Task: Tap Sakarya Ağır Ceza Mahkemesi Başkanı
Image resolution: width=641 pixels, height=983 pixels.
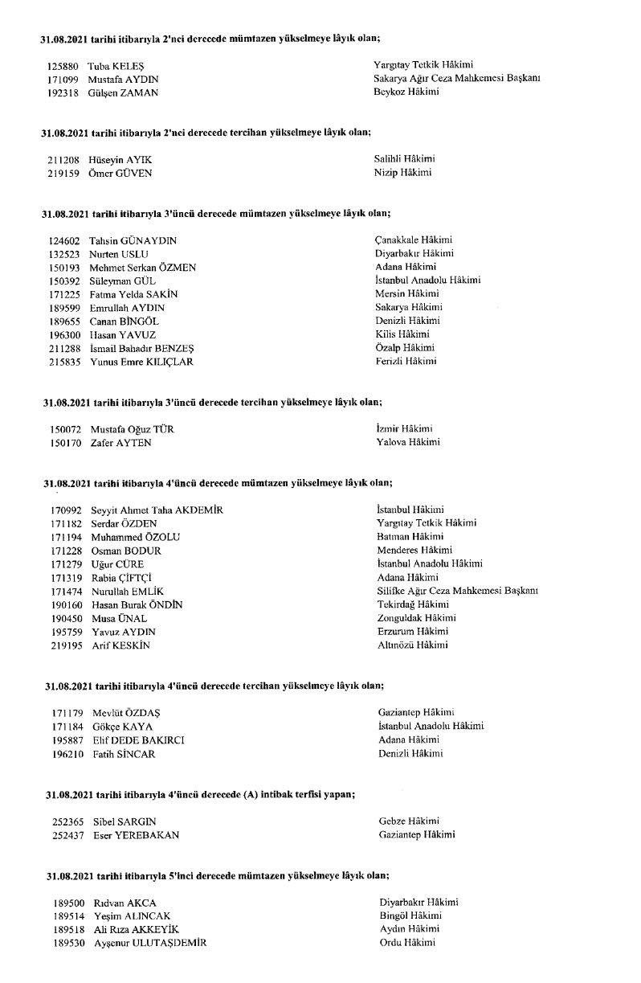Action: [x=456, y=79]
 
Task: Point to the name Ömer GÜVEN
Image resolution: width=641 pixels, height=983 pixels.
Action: [x=120, y=173]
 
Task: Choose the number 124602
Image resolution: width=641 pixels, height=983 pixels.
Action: [x=63, y=240]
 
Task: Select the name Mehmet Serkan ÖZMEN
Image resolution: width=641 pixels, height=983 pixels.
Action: [x=142, y=267]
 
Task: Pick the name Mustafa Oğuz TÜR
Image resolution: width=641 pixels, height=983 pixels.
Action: [x=132, y=429]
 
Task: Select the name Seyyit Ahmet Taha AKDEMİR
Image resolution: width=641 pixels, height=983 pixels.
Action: [x=157, y=510]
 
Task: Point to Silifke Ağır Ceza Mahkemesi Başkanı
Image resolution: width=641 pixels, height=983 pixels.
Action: [x=457, y=591]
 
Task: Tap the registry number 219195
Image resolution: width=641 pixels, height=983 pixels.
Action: [x=66, y=645]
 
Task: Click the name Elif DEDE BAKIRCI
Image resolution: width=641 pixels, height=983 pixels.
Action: [x=137, y=739]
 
